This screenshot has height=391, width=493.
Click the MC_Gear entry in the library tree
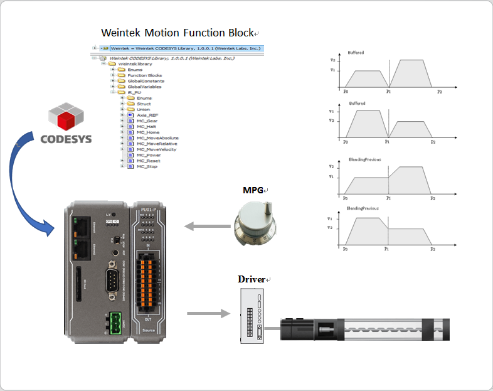147,121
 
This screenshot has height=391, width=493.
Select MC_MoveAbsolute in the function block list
157,138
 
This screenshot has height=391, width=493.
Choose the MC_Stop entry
147,166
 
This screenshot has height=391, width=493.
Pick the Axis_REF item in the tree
147,115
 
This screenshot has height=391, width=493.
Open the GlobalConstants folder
146,81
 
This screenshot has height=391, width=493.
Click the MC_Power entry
149,155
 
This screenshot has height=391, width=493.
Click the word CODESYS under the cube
66,139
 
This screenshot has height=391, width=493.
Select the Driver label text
250,279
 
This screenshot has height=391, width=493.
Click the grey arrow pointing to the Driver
206,313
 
